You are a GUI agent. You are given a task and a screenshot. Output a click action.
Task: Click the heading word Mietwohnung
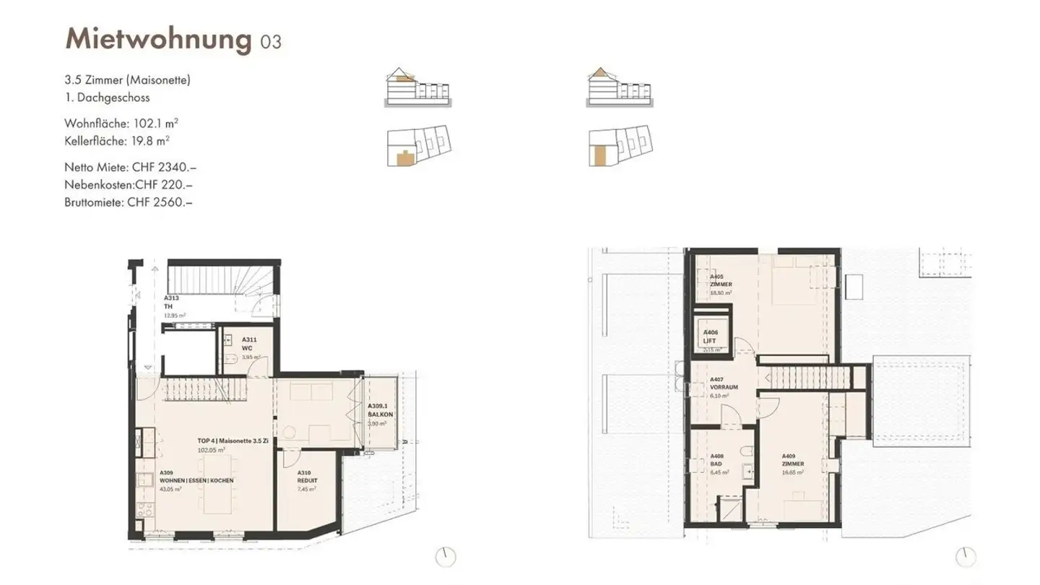157,39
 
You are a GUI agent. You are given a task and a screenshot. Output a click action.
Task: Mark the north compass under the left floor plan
446,557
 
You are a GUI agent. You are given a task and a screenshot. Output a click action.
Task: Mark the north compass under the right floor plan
966,557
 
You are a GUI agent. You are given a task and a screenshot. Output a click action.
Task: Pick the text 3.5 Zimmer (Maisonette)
127,80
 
